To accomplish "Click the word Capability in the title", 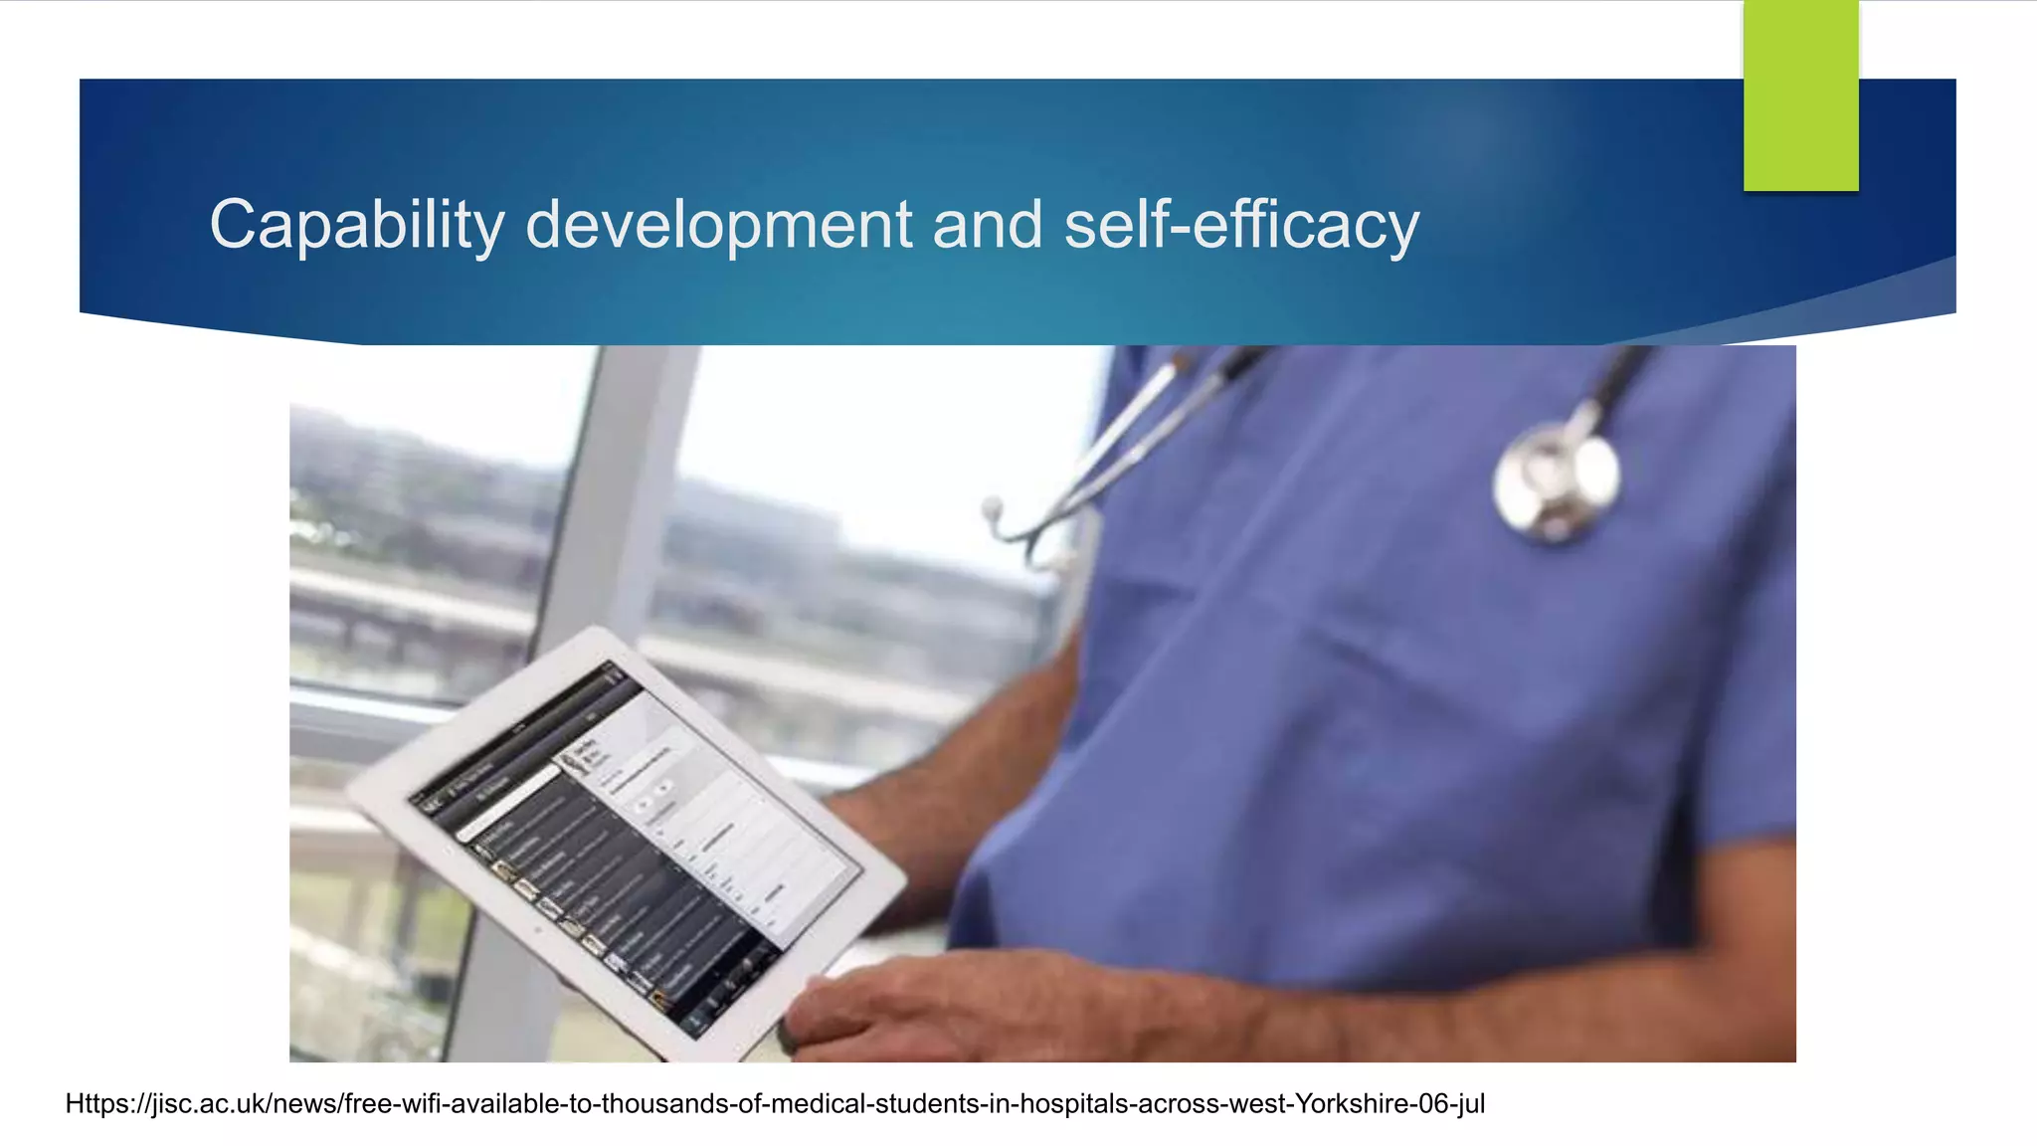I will coord(357,225).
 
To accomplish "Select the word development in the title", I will coord(718,225).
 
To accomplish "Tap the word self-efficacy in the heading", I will coord(1241,225).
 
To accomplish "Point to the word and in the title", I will coord(988,225).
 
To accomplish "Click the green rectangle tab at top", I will coord(1800,95).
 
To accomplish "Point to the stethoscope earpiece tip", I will coord(992,510).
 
